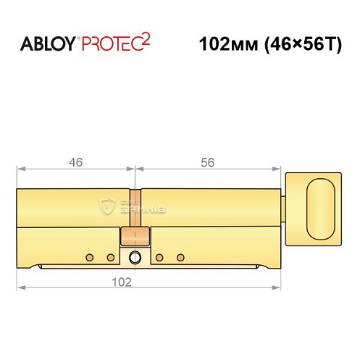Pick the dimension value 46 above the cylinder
tap(75, 163)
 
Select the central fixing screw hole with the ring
tap(135, 258)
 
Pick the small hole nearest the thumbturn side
tap(180, 257)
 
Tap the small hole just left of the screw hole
tap(111, 257)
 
